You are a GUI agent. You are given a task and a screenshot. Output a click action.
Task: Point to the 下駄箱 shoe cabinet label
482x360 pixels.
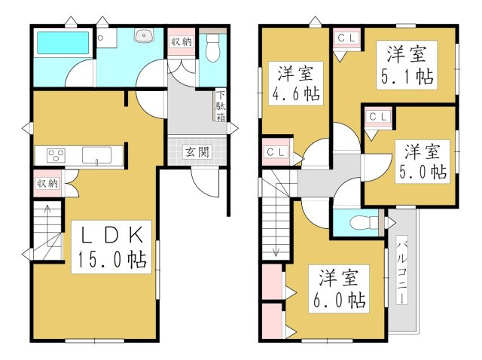tap(221, 107)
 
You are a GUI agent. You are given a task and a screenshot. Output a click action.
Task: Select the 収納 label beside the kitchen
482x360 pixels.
tap(47, 182)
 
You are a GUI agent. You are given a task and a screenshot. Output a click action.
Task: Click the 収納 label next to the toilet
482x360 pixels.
tap(182, 42)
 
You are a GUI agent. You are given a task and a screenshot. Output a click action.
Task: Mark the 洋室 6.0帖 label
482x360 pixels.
tap(337, 288)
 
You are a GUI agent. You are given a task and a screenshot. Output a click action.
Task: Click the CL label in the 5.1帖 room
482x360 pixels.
tap(346, 37)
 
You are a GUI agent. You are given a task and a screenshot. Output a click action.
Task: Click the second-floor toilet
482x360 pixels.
tap(363, 221)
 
